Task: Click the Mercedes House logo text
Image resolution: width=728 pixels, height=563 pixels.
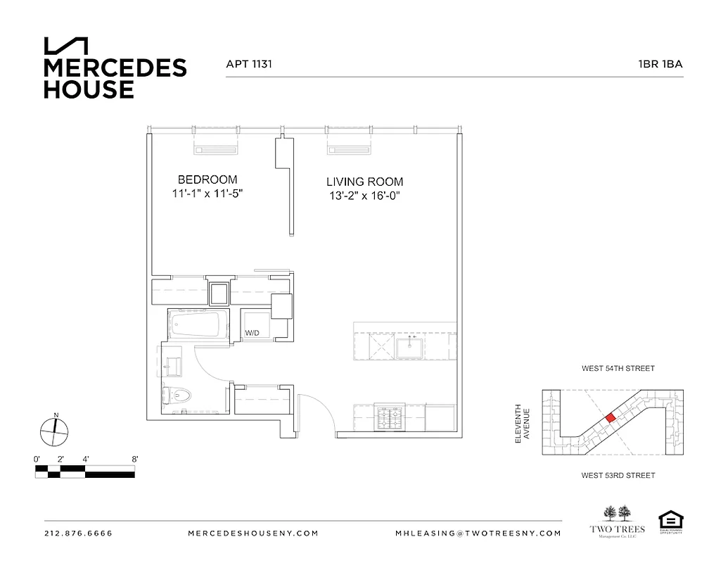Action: (x=115, y=77)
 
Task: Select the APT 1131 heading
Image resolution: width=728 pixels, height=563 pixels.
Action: (x=249, y=64)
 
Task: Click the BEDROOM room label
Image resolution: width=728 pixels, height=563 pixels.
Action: (x=207, y=179)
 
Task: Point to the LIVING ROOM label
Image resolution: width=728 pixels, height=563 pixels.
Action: (x=364, y=181)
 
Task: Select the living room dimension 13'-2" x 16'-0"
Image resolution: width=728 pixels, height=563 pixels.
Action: (x=364, y=196)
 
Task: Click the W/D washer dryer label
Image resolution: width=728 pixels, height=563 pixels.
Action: (x=251, y=333)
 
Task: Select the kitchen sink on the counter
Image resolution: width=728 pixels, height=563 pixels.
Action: (x=408, y=346)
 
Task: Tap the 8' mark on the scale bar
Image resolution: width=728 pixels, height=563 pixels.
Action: (x=134, y=459)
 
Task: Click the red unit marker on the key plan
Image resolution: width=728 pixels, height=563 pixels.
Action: (x=611, y=417)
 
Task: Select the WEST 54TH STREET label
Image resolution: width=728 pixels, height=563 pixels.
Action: (x=618, y=368)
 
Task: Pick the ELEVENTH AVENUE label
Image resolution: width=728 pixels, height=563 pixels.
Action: (x=521, y=424)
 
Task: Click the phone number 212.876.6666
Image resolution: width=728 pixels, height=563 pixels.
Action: (x=78, y=533)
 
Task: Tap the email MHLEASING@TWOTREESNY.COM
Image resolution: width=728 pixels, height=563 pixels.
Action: (x=478, y=533)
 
